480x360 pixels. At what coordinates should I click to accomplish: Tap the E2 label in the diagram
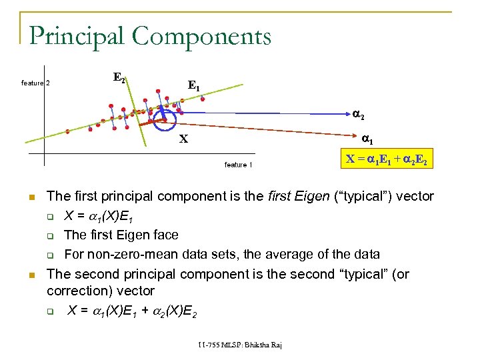point(119,78)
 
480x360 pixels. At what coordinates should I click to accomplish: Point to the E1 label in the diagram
point(194,86)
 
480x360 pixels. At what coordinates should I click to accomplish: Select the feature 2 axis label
point(36,83)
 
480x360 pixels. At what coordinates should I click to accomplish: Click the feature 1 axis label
point(238,165)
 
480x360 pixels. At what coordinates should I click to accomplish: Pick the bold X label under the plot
point(183,139)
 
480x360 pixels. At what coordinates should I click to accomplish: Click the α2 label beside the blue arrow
point(358,115)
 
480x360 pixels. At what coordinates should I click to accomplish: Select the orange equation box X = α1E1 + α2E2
point(387,159)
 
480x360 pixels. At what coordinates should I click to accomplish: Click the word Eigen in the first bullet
point(313,196)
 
